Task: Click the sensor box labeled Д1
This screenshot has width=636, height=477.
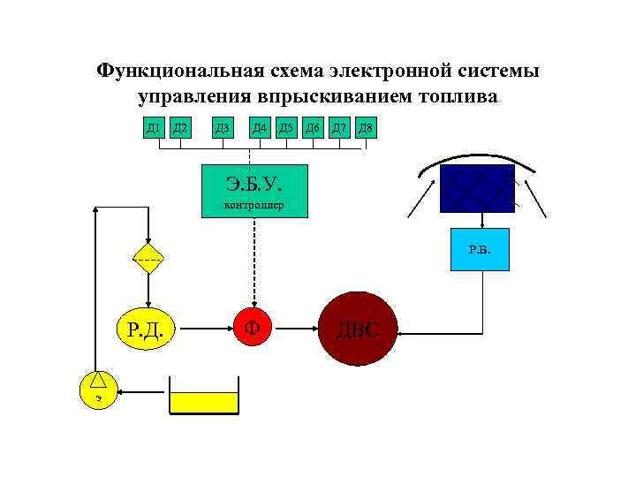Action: pos(154,129)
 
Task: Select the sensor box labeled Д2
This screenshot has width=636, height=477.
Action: pos(180,129)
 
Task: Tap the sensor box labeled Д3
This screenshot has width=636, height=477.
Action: pos(223,129)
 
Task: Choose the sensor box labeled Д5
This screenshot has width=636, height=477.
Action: pos(286,129)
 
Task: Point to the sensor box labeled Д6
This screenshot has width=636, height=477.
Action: pos(313,129)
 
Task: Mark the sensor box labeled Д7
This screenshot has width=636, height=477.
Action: pos(339,129)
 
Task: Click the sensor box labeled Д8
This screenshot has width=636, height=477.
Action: pos(366,129)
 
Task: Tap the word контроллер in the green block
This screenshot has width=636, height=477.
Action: pos(254,208)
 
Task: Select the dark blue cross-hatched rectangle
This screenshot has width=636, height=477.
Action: pos(477,188)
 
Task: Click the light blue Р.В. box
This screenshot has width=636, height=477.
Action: pos(480,250)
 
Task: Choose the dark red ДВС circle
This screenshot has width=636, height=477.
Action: pos(358,330)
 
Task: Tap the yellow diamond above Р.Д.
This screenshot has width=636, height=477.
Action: pos(148,259)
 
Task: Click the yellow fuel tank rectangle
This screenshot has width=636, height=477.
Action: pos(204,404)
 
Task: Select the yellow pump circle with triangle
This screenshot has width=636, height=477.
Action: pos(98,388)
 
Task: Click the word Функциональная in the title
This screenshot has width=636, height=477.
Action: pos(167,69)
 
